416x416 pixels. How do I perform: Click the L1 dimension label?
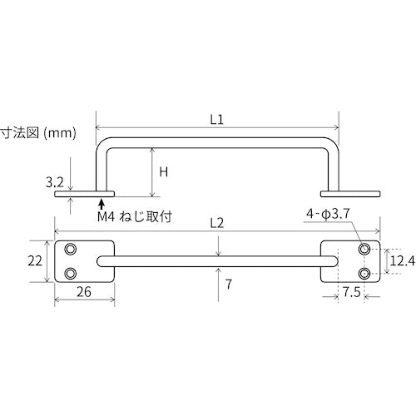click(217, 119)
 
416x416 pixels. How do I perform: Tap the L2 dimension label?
click(217, 223)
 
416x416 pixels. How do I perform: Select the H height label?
click(163, 172)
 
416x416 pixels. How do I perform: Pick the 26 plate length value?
click(84, 292)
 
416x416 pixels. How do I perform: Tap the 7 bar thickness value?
click(226, 284)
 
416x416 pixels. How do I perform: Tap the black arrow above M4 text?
click(102, 201)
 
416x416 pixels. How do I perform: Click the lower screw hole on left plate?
click(72, 273)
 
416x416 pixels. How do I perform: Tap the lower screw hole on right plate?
click(364, 273)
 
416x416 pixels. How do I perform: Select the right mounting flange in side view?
click(359, 195)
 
